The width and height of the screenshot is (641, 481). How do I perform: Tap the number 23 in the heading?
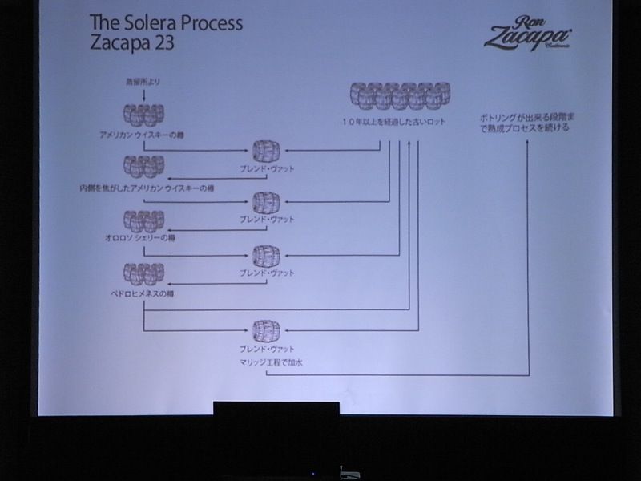point(160,42)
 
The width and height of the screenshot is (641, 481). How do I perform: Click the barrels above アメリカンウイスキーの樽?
point(143,113)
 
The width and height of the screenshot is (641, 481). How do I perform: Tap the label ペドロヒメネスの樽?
point(142,293)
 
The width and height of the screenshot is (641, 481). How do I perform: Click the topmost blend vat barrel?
point(267,150)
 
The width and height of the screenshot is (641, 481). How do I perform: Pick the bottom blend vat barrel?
point(267,330)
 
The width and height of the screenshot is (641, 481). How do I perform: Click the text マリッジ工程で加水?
point(271,363)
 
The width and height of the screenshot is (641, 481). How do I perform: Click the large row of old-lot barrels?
point(399,95)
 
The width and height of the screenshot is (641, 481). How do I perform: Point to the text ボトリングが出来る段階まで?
point(529,117)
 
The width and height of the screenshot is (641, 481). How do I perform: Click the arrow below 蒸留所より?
point(143,95)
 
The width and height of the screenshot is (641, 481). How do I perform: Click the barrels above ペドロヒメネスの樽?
point(143,273)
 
